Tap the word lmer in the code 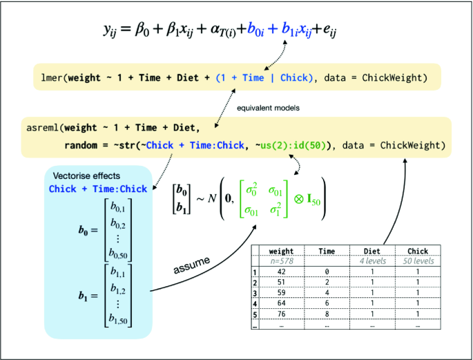click(x=50, y=78)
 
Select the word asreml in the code click(x=42, y=128)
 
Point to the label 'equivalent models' click(x=264, y=108)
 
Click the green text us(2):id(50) click(x=293, y=146)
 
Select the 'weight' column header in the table click(x=281, y=252)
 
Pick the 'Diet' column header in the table click(x=371, y=252)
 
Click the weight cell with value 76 click(x=281, y=312)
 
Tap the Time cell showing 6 click(x=326, y=302)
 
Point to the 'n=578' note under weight click(x=281, y=261)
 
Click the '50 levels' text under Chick click(x=416, y=261)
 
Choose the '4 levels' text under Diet click(x=371, y=261)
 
